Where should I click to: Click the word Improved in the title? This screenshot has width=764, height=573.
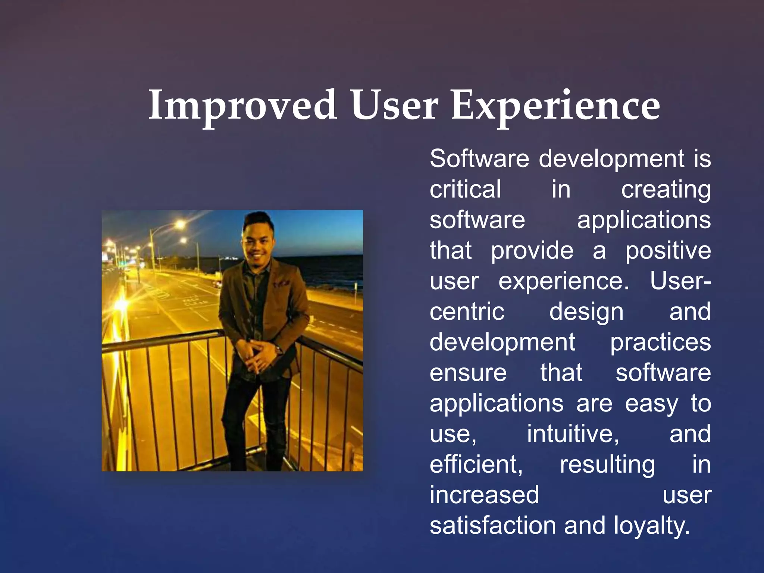(x=242, y=106)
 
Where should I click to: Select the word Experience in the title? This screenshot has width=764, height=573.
(x=556, y=106)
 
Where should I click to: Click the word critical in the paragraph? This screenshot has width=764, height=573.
(x=465, y=189)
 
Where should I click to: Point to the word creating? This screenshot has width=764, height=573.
(x=666, y=190)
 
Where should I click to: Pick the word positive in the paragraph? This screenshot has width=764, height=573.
(x=668, y=251)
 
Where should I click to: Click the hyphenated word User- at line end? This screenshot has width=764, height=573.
(x=680, y=281)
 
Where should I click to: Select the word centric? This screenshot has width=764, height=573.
(x=467, y=311)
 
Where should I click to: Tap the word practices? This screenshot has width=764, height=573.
(x=660, y=342)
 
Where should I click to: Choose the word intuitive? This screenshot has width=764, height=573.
(x=573, y=434)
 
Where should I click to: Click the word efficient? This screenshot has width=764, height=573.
(x=476, y=464)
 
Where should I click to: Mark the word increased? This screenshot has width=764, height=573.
(x=484, y=495)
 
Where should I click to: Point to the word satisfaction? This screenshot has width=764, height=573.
(x=493, y=526)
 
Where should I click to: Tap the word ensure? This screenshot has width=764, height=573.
(x=468, y=373)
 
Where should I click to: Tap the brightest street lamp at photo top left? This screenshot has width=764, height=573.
(x=180, y=225)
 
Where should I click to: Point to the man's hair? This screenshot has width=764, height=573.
(x=257, y=220)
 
